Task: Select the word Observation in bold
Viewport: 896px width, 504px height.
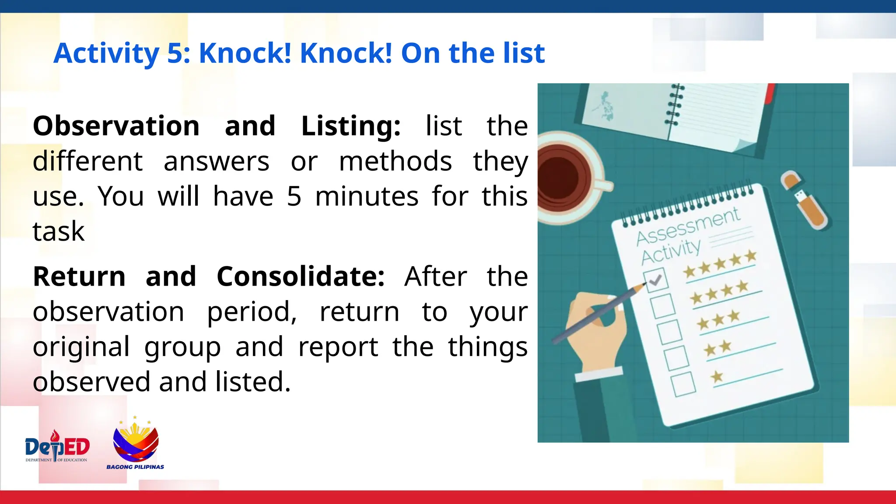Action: tap(116, 126)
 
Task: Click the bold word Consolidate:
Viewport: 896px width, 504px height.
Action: tap(301, 276)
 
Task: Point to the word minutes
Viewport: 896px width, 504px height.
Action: tap(367, 196)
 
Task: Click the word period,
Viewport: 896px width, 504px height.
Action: tap(252, 311)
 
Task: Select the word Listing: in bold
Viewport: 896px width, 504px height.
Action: tap(351, 126)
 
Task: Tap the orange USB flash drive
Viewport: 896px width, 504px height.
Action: tap(804, 199)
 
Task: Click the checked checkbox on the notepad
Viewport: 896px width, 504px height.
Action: tap(655, 280)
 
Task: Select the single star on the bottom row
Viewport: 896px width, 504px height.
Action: tap(717, 376)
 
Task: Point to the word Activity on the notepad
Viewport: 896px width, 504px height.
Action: tap(671, 252)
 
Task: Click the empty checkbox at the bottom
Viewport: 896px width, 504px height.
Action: tap(683, 384)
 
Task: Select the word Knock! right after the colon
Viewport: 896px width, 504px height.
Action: tap(245, 53)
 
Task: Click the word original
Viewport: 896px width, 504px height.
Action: tap(81, 346)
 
